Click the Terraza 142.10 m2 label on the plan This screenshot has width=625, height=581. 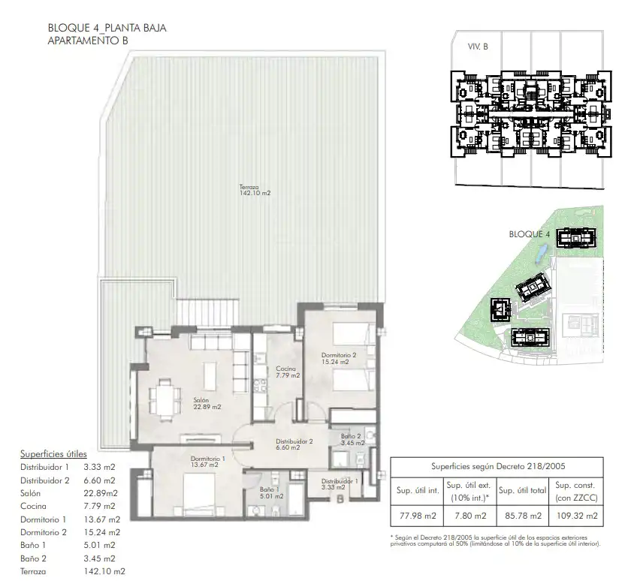coord(255,190)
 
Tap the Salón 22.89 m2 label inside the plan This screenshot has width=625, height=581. coord(207,403)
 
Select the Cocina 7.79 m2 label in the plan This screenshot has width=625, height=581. coord(288,372)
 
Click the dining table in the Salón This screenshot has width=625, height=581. coord(165,399)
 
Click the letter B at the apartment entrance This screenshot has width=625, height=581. coord(340,498)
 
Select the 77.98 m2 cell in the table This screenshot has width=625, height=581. coord(418,516)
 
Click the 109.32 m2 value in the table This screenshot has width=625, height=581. coord(577,516)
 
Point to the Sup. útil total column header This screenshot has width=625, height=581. coord(523,491)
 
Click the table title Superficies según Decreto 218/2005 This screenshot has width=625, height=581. coord(498,466)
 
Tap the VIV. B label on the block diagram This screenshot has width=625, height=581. coord(478,47)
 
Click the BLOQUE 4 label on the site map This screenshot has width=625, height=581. coord(530,234)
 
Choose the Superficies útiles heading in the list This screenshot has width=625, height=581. coord(53,454)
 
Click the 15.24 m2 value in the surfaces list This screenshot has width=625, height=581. coord(101,532)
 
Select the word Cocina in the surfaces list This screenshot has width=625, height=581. coord(34,506)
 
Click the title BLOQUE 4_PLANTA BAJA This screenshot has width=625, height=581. coord(107,28)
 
